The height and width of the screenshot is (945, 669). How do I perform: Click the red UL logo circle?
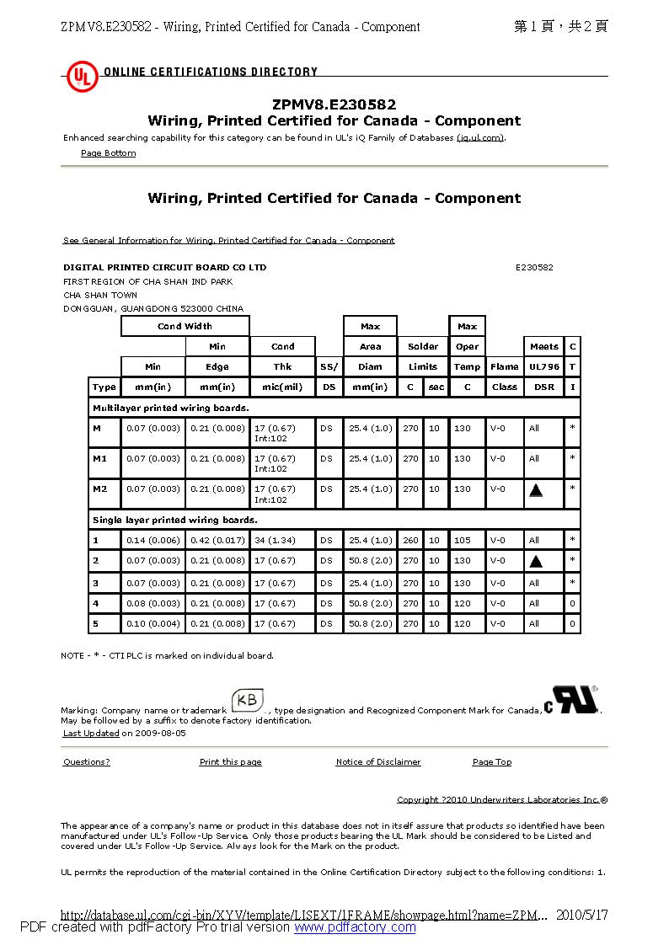coord(83,77)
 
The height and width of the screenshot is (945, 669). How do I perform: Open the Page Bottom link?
coord(108,153)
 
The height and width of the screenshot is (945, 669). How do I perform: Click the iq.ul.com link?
coord(480,137)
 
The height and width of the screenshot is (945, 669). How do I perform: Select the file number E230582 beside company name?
coord(534,267)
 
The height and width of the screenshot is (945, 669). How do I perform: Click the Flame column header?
coord(504,366)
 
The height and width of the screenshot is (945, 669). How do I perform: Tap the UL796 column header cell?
coord(544,366)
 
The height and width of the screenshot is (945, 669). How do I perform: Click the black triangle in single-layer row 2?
coord(536,561)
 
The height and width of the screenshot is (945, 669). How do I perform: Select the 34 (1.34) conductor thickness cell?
coord(275,540)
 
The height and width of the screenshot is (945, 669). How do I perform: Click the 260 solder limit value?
coord(410,540)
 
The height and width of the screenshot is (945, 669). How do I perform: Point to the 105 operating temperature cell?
coord(463,540)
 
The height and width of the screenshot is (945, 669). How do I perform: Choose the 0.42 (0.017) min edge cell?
coord(217,540)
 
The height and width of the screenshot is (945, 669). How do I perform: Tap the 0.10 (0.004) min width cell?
coord(153,623)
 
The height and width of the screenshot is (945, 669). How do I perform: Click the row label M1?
coord(100,459)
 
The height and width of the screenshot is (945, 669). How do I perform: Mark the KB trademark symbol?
coord(249,701)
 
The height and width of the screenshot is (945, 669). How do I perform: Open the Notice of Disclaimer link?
coord(377,762)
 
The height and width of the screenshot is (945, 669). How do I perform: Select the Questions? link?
coord(86,762)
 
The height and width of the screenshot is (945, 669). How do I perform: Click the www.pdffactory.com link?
coord(355,927)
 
